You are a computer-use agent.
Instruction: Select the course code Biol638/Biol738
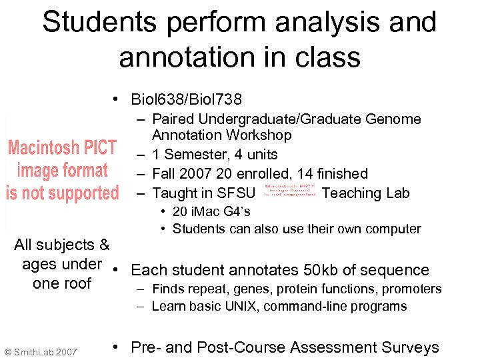[x=187, y=100]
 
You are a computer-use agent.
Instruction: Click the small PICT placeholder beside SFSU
[x=289, y=191]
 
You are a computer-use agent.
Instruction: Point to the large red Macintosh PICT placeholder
[x=62, y=170]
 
